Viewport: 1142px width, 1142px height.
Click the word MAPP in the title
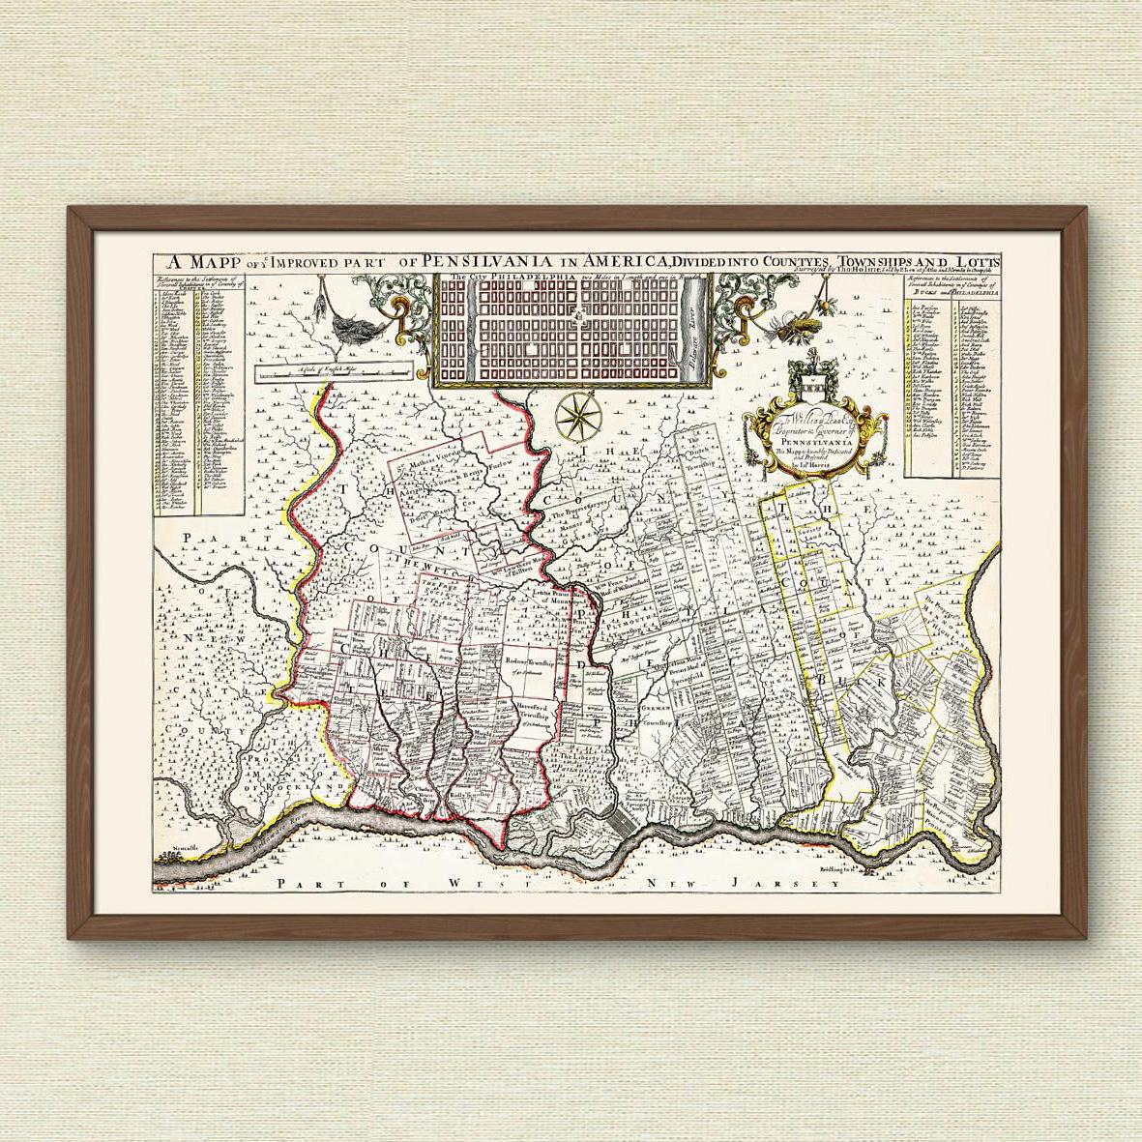pos(204,262)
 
